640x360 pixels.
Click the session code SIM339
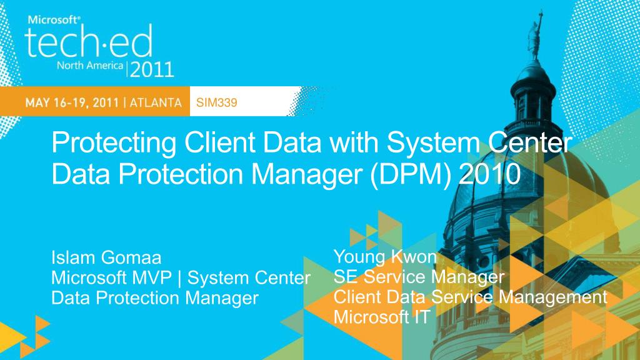tap(216, 103)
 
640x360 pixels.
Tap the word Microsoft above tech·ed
tap(54, 19)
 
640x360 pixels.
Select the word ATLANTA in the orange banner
tap(156, 103)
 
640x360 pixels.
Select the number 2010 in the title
tap(489, 173)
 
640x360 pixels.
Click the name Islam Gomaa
tap(106, 257)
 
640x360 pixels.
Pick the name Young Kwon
tap(385, 256)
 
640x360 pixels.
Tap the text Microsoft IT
tap(381, 317)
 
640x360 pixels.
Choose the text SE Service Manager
tap(419, 276)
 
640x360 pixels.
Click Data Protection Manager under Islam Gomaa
tap(154, 298)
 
